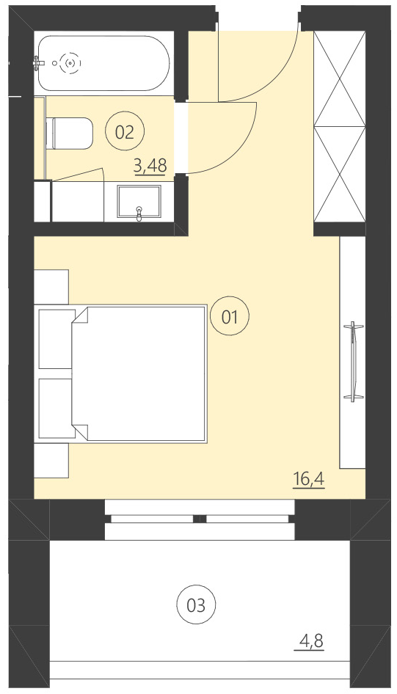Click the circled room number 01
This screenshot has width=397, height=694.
click(x=230, y=317)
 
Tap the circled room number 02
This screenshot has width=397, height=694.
click(x=125, y=132)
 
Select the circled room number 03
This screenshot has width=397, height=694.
click(x=197, y=605)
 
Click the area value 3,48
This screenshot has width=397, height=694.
click(x=150, y=167)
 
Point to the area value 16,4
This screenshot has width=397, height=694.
click(x=308, y=481)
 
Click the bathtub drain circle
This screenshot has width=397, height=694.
click(x=70, y=64)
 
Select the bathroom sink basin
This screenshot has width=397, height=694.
click(x=139, y=200)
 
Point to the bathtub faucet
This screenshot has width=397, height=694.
click(x=39, y=64)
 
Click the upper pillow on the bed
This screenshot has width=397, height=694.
click(x=56, y=339)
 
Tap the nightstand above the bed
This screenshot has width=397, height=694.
click(x=51, y=286)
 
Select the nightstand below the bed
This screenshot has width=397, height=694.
click(x=51, y=461)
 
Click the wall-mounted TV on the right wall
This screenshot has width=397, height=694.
click(x=354, y=361)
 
